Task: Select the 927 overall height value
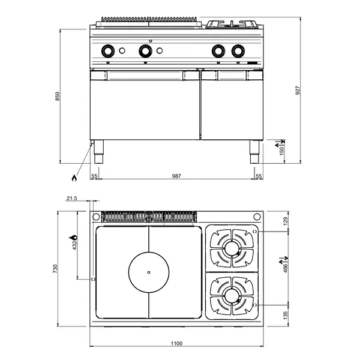pos(298,90)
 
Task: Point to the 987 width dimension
pos(176,176)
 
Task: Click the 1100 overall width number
pos(176,343)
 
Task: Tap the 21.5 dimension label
pos(72,198)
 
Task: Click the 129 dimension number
pos(286,220)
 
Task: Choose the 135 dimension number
pos(286,314)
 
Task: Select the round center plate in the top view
pos(148,272)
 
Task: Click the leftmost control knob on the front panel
pos(108,52)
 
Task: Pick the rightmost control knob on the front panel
pos(239,52)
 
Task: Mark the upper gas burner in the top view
pos(231,247)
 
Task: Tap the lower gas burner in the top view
pos(231,295)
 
